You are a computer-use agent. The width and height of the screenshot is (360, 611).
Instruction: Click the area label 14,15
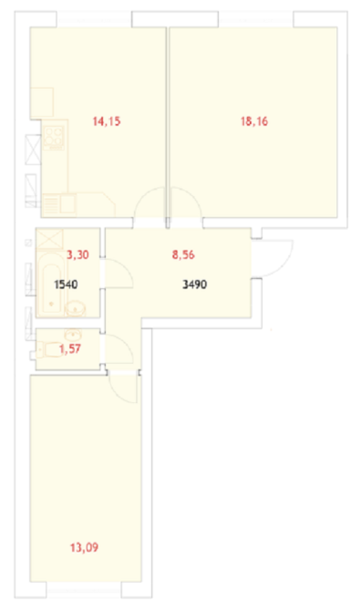(x=107, y=121)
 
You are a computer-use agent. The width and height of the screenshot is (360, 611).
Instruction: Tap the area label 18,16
(x=254, y=121)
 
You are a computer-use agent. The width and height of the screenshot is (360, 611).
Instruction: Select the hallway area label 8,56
(x=183, y=254)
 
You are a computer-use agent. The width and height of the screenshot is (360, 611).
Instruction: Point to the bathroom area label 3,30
(x=77, y=254)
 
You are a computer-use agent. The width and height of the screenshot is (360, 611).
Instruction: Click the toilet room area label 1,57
(x=70, y=348)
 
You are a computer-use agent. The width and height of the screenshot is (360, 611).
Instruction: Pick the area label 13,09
(x=84, y=548)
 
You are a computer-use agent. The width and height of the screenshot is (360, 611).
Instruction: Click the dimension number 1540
(x=66, y=285)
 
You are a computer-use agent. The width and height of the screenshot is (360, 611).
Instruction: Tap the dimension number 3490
(x=194, y=285)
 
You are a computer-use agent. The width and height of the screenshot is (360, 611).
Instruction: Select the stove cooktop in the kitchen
(x=54, y=139)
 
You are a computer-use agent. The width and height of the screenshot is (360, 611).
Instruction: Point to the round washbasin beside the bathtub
(x=75, y=309)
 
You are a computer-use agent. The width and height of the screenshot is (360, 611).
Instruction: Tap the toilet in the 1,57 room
(x=49, y=349)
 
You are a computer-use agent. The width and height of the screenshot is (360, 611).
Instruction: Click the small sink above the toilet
(x=73, y=335)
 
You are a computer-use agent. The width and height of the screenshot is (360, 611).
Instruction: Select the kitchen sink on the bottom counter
(x=68, y=203)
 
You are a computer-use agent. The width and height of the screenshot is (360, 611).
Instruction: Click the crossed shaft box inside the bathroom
(x=49, y=239)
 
